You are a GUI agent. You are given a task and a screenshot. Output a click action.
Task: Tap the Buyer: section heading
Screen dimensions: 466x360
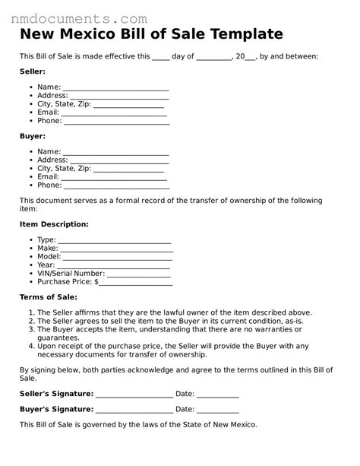[x=33, y=135]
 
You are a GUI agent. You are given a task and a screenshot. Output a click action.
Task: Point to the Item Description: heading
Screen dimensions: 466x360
[x=54, y=224]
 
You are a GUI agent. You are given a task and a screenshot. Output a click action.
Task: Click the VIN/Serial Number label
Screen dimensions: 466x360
[x=71, y=273]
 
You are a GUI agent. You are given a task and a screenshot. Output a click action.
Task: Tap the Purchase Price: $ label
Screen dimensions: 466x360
[x=68, y=281]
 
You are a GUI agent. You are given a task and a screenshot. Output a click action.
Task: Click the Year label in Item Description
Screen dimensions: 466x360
[x=46, y=265]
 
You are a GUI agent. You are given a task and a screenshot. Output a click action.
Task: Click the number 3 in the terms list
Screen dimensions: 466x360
[x=31, y=329]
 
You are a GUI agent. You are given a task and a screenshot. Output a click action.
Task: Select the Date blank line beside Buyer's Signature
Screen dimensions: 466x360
[x=219, y=409]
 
